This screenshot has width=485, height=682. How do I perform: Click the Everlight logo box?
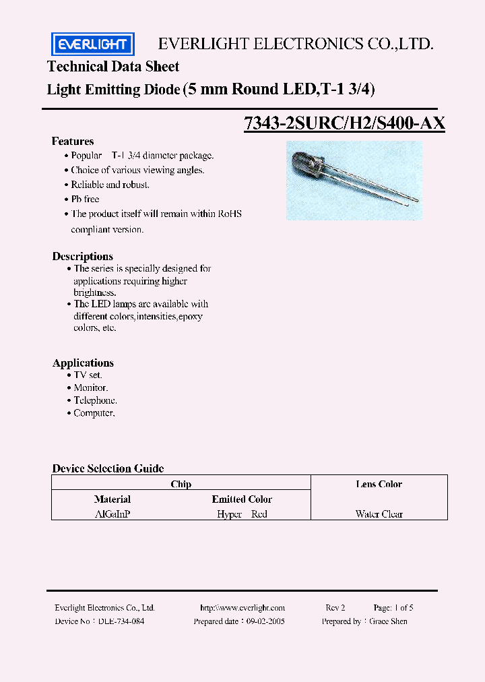pos(93,45)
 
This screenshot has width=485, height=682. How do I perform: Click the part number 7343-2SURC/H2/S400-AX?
pos(344,124)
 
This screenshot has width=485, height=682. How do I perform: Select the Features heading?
pos(73,142)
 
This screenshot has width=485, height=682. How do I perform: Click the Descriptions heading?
pos(83,256)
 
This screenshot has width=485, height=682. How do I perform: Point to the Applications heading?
pos(84,363)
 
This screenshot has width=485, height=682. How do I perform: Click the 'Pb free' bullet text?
pos(86,199)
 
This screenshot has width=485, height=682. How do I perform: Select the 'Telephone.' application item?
pos(95,400)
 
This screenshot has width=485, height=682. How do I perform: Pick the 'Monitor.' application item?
pos(91,387)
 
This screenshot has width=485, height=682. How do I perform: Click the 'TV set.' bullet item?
pos(88,375)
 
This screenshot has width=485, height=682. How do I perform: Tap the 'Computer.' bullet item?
pos(94,413)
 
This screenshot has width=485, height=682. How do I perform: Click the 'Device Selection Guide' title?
pos(108,468)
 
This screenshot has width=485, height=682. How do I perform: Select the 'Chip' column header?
pos(181,484)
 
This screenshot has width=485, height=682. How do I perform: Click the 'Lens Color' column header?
pos(379,484)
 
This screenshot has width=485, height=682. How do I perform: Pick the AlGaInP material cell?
pos(112,514)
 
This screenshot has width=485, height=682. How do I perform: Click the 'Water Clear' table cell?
pos(379,514)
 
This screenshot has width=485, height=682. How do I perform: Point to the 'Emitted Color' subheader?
pos(242,499)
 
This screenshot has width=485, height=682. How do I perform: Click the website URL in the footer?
pos(243,607)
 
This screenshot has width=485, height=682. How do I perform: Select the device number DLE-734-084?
pos(121,621)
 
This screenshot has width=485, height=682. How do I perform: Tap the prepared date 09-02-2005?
pos(265,621)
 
